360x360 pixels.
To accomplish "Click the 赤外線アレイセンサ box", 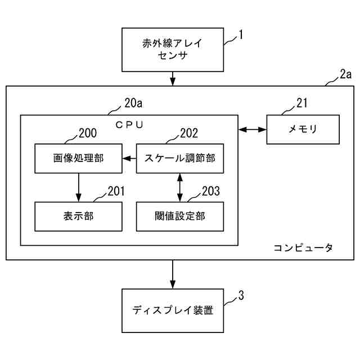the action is click(173, 49).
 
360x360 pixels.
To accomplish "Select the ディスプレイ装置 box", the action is click(173, 310).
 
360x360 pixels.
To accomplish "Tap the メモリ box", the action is click(303, 129).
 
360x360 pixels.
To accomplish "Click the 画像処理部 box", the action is click(79, 159).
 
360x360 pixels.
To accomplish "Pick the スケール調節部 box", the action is click(180, 159).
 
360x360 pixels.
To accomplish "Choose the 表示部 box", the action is click(79, 217).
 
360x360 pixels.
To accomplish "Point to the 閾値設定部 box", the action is click(180, 217).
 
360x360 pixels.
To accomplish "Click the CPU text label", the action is click(129, 125).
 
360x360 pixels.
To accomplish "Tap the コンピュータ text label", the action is click(303, 247).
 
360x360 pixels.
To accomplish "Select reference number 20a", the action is click(133, 103).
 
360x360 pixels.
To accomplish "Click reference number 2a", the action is click(345, 74).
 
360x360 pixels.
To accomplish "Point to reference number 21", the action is click(301, 103).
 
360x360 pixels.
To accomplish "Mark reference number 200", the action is click(88, 133).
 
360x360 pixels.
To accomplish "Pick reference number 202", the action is click(189, 133).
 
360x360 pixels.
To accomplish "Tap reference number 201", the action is click(116, 191).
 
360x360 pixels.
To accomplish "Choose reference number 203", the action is click(211, 191).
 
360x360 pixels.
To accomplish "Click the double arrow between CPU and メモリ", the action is click(253, 130).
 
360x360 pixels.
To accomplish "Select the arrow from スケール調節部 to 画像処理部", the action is click(129, 159).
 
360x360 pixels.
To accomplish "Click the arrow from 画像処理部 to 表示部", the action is click(79, 187).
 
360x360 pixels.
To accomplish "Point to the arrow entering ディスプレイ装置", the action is click(173, 274).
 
